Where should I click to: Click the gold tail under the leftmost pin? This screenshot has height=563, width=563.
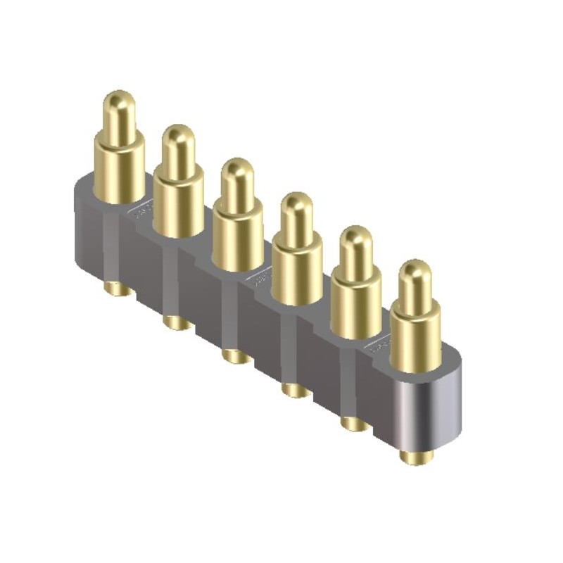118,289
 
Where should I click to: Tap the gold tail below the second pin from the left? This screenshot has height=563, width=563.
176,323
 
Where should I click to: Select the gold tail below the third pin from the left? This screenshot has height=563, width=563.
236,356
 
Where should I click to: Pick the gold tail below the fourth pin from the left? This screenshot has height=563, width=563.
295,390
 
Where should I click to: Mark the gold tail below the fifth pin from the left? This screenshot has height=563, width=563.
354,424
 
